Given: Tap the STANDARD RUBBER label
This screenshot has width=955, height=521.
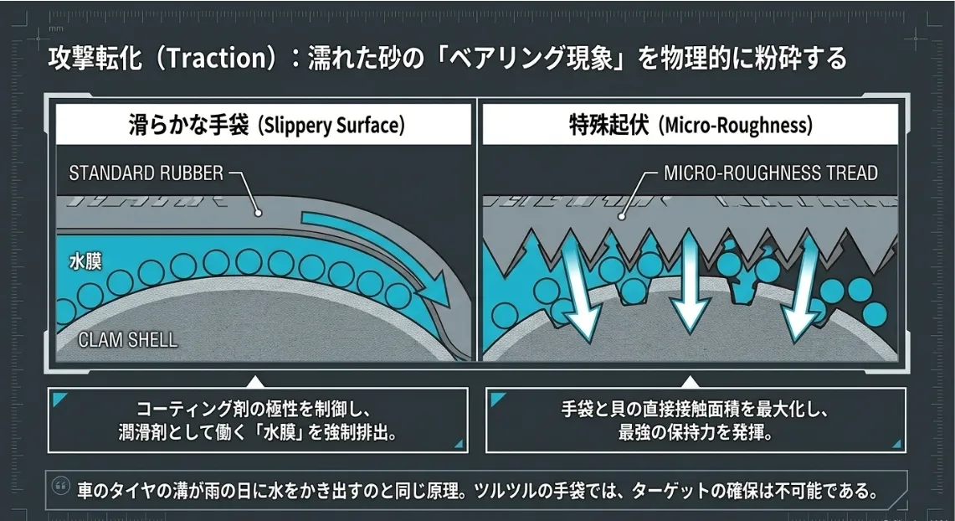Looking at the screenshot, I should point(146,173).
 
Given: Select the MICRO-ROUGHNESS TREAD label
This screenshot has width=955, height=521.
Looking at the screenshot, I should point(770,173).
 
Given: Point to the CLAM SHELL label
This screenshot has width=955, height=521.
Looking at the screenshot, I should point(127,340).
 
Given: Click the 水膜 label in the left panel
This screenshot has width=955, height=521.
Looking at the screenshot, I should point(85,261).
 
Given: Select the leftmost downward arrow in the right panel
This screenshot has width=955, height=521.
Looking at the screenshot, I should point(579,289).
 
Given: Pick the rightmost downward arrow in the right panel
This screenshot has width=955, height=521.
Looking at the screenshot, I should point(804,285).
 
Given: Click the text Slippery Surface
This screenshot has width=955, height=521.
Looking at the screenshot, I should point(331,126).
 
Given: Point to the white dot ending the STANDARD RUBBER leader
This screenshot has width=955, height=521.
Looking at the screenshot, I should point(259,213).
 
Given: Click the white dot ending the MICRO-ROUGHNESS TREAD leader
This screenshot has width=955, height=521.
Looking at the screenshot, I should point(620,215).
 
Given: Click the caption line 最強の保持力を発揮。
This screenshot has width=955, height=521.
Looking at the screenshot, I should point(694,434).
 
